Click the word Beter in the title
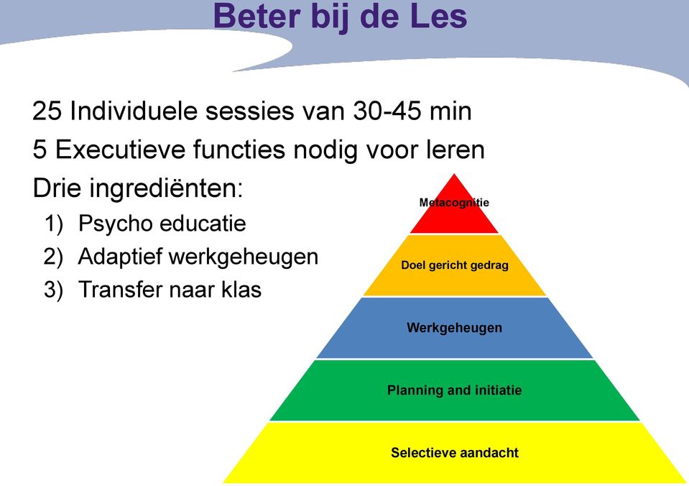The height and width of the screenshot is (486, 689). coord(257,16)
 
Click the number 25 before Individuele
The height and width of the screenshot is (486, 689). coord(47,111)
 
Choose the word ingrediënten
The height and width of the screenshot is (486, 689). coord(166,188)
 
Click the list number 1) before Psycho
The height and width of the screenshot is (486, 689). coord(54,224)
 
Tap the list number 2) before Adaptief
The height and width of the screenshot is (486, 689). coord(54,257)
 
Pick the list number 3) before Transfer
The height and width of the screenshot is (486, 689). coord(54,290)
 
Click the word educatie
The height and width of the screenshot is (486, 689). coord(203,223)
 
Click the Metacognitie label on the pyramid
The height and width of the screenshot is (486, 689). coord(454,202)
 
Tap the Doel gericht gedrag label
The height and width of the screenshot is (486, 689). coord(455,265)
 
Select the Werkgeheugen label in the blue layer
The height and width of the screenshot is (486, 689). coord(454,328)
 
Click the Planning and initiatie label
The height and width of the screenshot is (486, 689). coord(454,390)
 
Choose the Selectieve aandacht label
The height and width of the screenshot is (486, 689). coord(455,453)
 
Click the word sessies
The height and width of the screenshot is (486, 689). coord(249,111)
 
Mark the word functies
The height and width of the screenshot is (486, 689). coord(240,149)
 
